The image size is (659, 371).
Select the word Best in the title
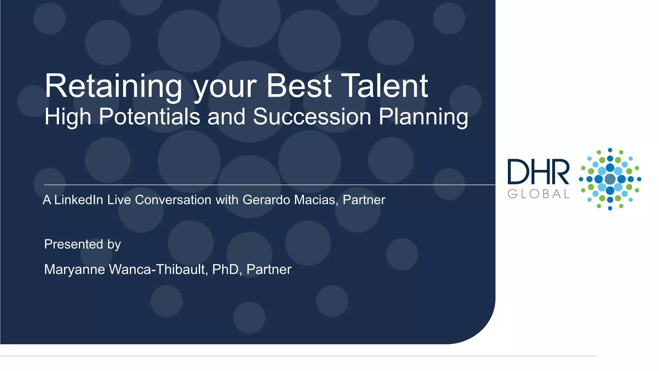(x=299, y=86)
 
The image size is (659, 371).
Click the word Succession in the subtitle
(x=312, y=117)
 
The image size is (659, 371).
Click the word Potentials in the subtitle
(x=149, y=117)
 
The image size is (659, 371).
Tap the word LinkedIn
(x=79, y=200)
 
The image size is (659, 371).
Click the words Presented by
(x=82, y=244)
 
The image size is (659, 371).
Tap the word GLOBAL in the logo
(x=538, y=194)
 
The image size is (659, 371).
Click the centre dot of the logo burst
(x=610, y=179)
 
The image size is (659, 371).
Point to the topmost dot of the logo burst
(x=610, y=150)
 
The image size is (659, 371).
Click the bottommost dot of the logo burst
(x=610, y=208)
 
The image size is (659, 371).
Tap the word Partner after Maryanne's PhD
(x=269, y=270)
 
